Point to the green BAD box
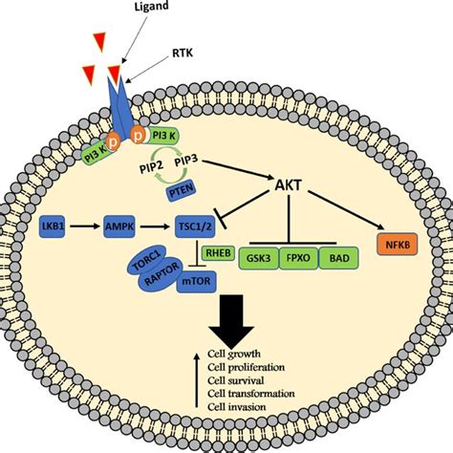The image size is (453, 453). pos(342,259)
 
